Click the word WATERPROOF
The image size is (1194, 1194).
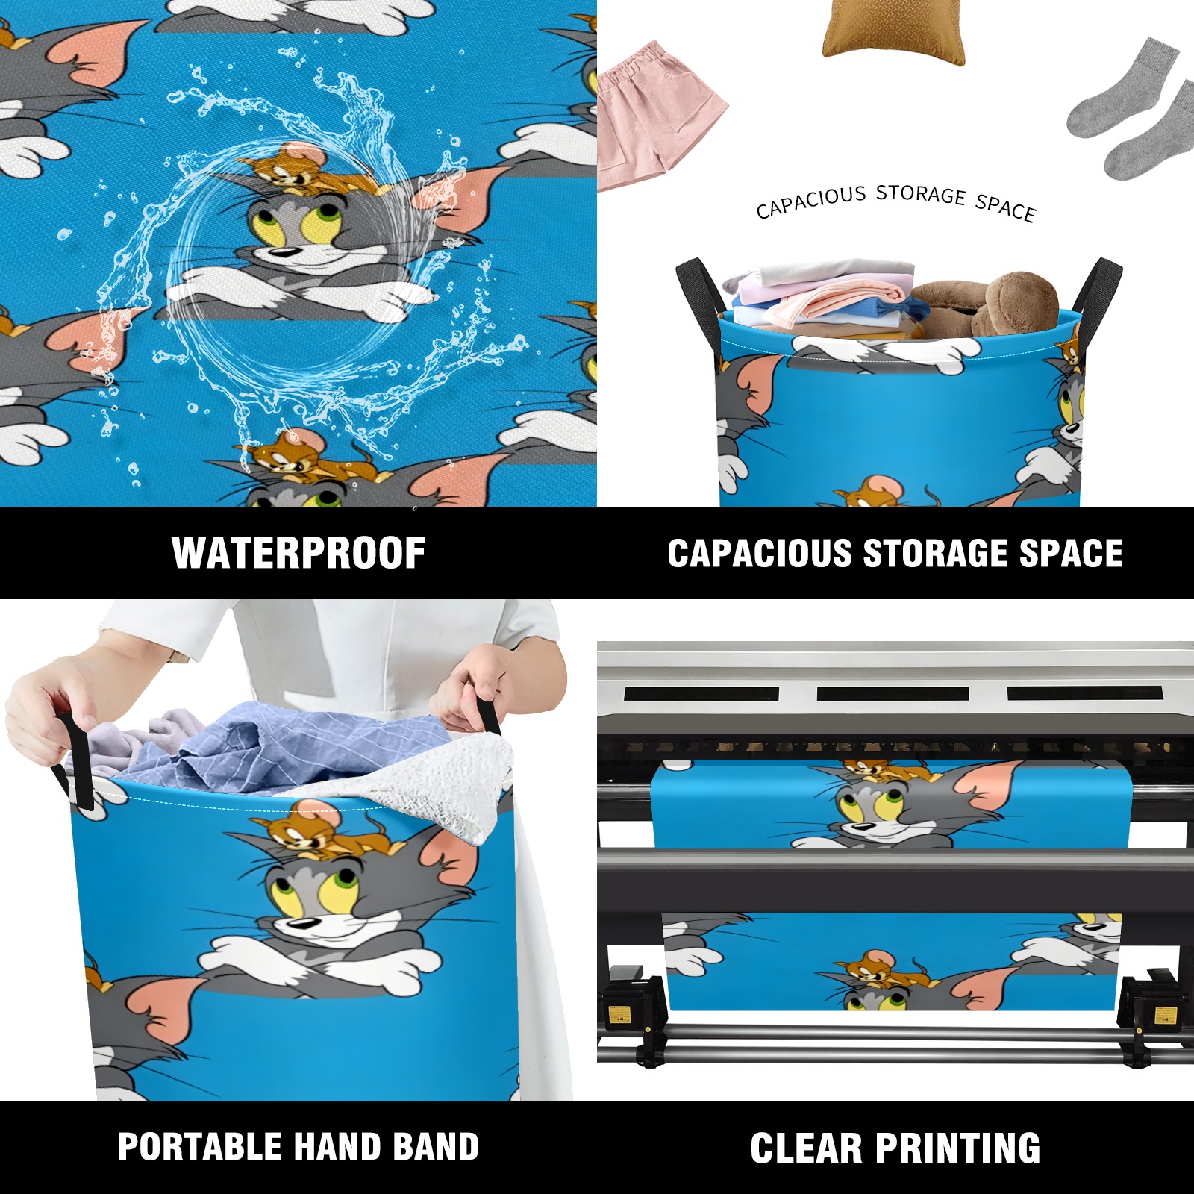298,553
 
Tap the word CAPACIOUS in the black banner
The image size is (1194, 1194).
760,553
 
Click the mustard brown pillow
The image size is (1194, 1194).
894,31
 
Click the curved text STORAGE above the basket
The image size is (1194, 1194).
921,194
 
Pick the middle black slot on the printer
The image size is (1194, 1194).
893,694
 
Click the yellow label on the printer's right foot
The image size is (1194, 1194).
1165,1015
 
